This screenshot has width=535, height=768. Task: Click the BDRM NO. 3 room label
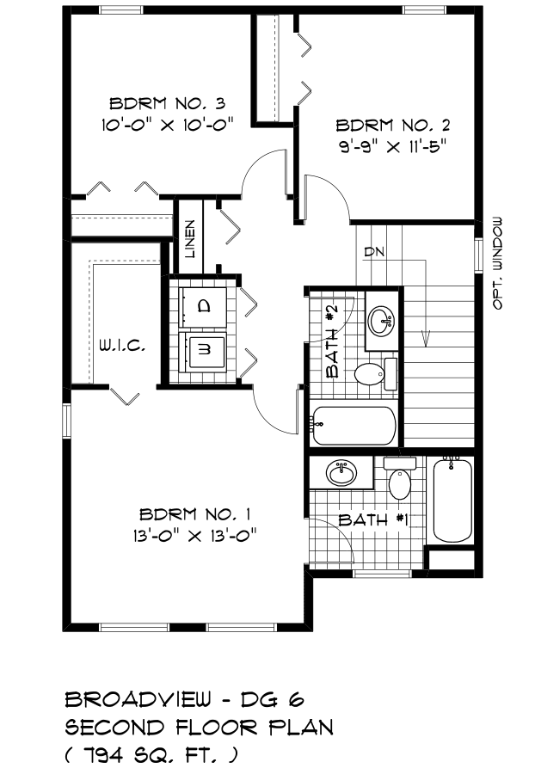pos(167,104)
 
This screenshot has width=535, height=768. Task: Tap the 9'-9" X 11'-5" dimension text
pos(395,146)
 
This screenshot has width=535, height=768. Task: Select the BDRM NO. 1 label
pos(195,514)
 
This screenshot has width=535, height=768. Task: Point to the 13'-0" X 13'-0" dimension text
pos(195,536)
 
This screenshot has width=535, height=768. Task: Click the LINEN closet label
pos(190,239)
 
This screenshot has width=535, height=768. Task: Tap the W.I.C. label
pos(122,346)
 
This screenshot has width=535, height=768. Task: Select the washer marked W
pos(205,351)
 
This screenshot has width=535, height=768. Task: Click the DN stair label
pos(374,252)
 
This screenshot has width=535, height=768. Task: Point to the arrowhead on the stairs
pos(425,339)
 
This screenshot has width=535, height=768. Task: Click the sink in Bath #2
pos(382,321)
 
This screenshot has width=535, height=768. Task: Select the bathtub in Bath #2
pos(354,425)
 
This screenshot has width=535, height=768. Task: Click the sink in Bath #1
pos(341,473)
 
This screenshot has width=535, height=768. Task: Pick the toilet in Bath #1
pos(400,479)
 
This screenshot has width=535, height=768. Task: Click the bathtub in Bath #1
pos(452,500)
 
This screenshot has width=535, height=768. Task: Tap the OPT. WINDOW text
pos(497,263)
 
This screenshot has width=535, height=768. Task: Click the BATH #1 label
pos(373,519)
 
